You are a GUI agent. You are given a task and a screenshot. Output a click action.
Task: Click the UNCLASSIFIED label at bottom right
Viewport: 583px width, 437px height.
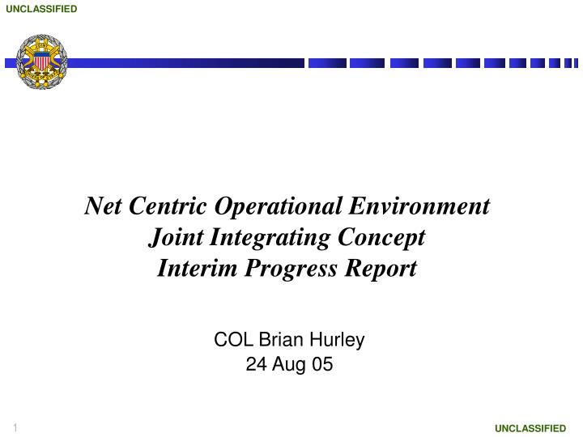coord(530,428)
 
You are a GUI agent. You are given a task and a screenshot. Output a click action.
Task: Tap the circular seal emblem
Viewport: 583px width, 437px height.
coord(42,62)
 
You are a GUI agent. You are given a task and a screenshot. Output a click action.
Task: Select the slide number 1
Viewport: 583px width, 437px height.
coord(15,426)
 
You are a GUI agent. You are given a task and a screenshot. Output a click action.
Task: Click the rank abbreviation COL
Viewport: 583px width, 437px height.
coord(229,340)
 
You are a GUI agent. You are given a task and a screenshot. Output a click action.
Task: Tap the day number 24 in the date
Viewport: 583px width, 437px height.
coord(254,365)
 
